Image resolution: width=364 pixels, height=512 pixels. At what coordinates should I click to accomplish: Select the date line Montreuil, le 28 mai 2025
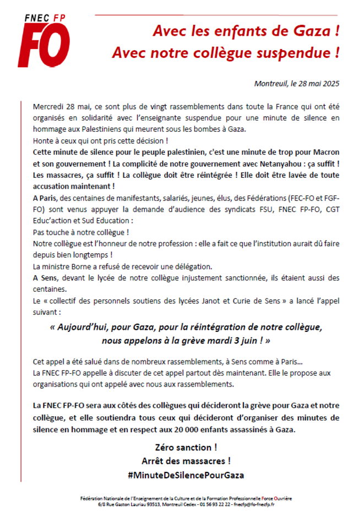click(x=297, y=84)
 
